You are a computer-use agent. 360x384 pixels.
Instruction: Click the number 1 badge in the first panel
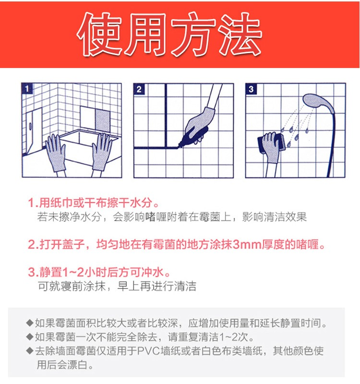click(x=27, y=89)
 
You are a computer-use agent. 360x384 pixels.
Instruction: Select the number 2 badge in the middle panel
click(x=139, y=89)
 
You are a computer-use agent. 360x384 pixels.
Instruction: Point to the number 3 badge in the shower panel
click(x=251, y=89)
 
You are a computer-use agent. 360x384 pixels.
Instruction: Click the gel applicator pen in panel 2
click(x=193, y=137)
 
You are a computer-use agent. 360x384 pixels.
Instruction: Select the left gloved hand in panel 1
click(x=55, y=152)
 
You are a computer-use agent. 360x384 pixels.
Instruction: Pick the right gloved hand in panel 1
click(x=102, y=152)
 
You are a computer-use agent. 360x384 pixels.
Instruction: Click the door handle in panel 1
click(x=31, y=126)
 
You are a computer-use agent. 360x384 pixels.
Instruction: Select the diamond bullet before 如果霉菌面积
click(x=30, y=323)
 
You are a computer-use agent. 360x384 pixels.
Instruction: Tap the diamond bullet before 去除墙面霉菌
click(x=30, y=351)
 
